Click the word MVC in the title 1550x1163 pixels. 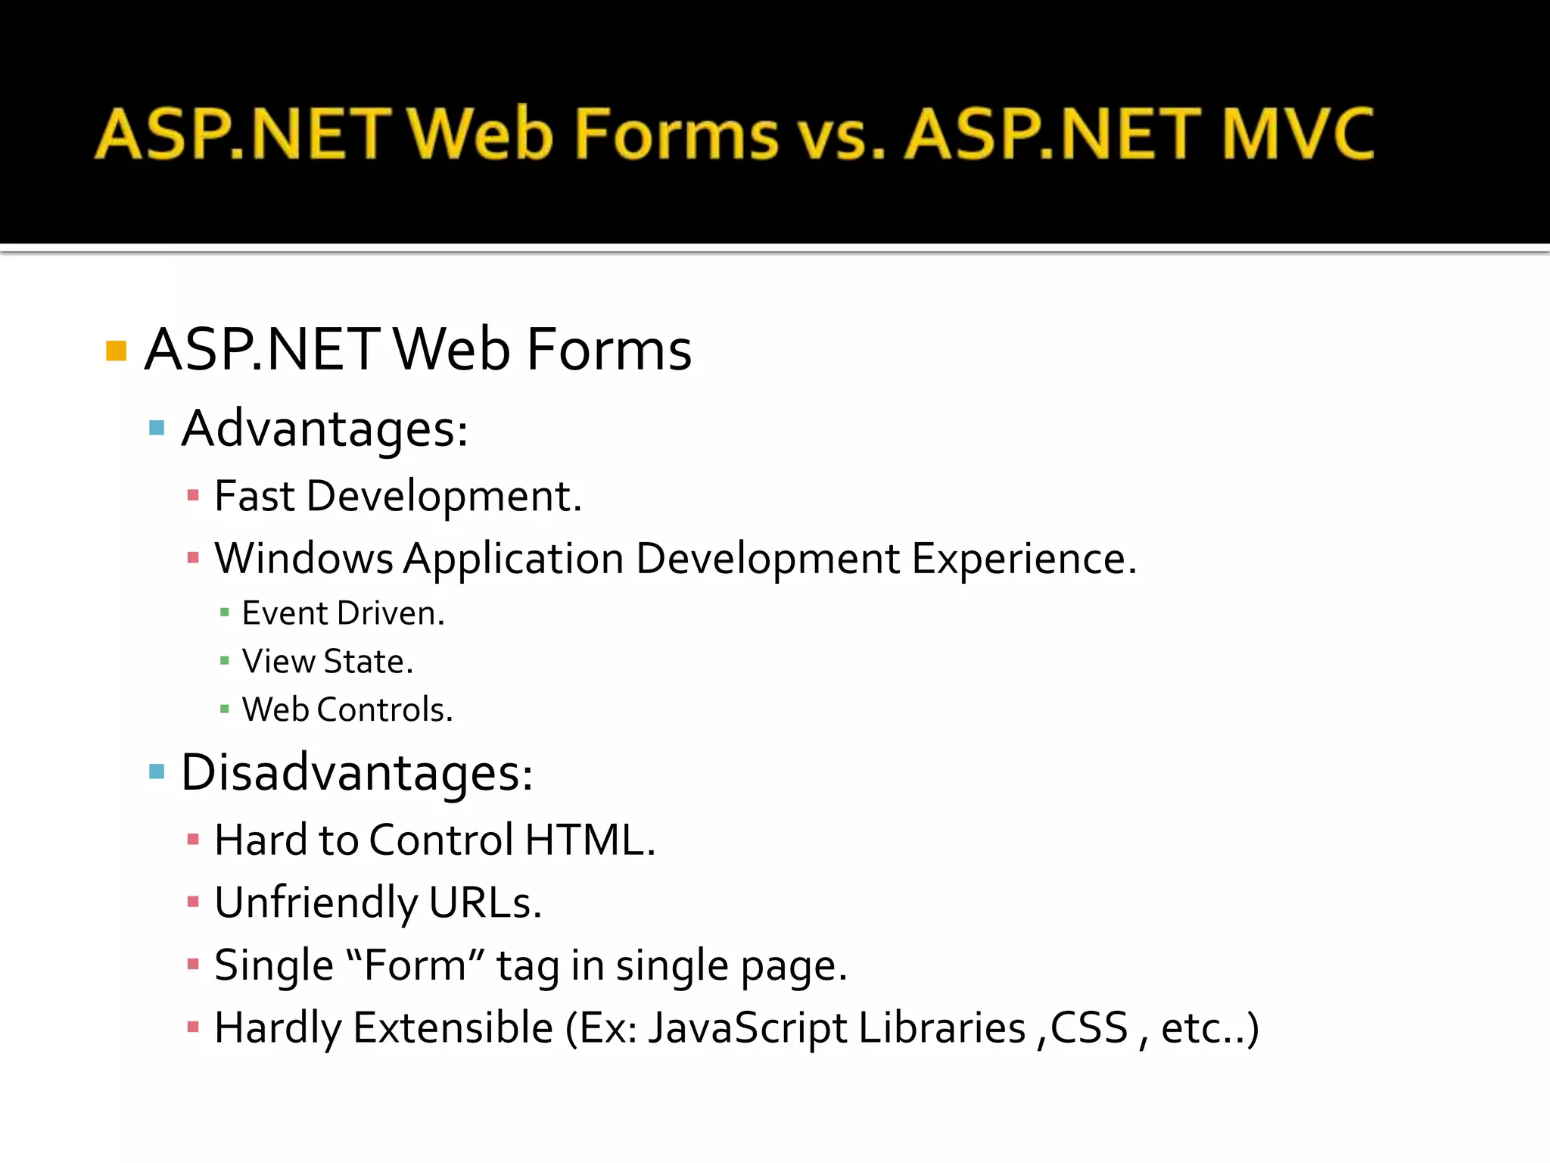tap(1297, 134)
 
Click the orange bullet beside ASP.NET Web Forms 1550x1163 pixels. tap(116, 351)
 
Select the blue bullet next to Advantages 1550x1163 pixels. tap(157, 428)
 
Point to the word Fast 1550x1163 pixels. tap(254, 497)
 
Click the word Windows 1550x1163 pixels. tap(303, 560)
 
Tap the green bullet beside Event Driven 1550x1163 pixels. tap(224, 613)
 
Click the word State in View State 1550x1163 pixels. tap(368, 662)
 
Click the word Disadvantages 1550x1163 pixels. tap(356, 773)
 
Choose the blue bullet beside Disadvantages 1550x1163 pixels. tap(157, 772)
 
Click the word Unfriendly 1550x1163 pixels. tap(316, 903)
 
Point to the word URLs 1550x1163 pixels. tap(485, 903)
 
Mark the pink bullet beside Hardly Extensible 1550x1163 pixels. tap(193, 1027)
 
